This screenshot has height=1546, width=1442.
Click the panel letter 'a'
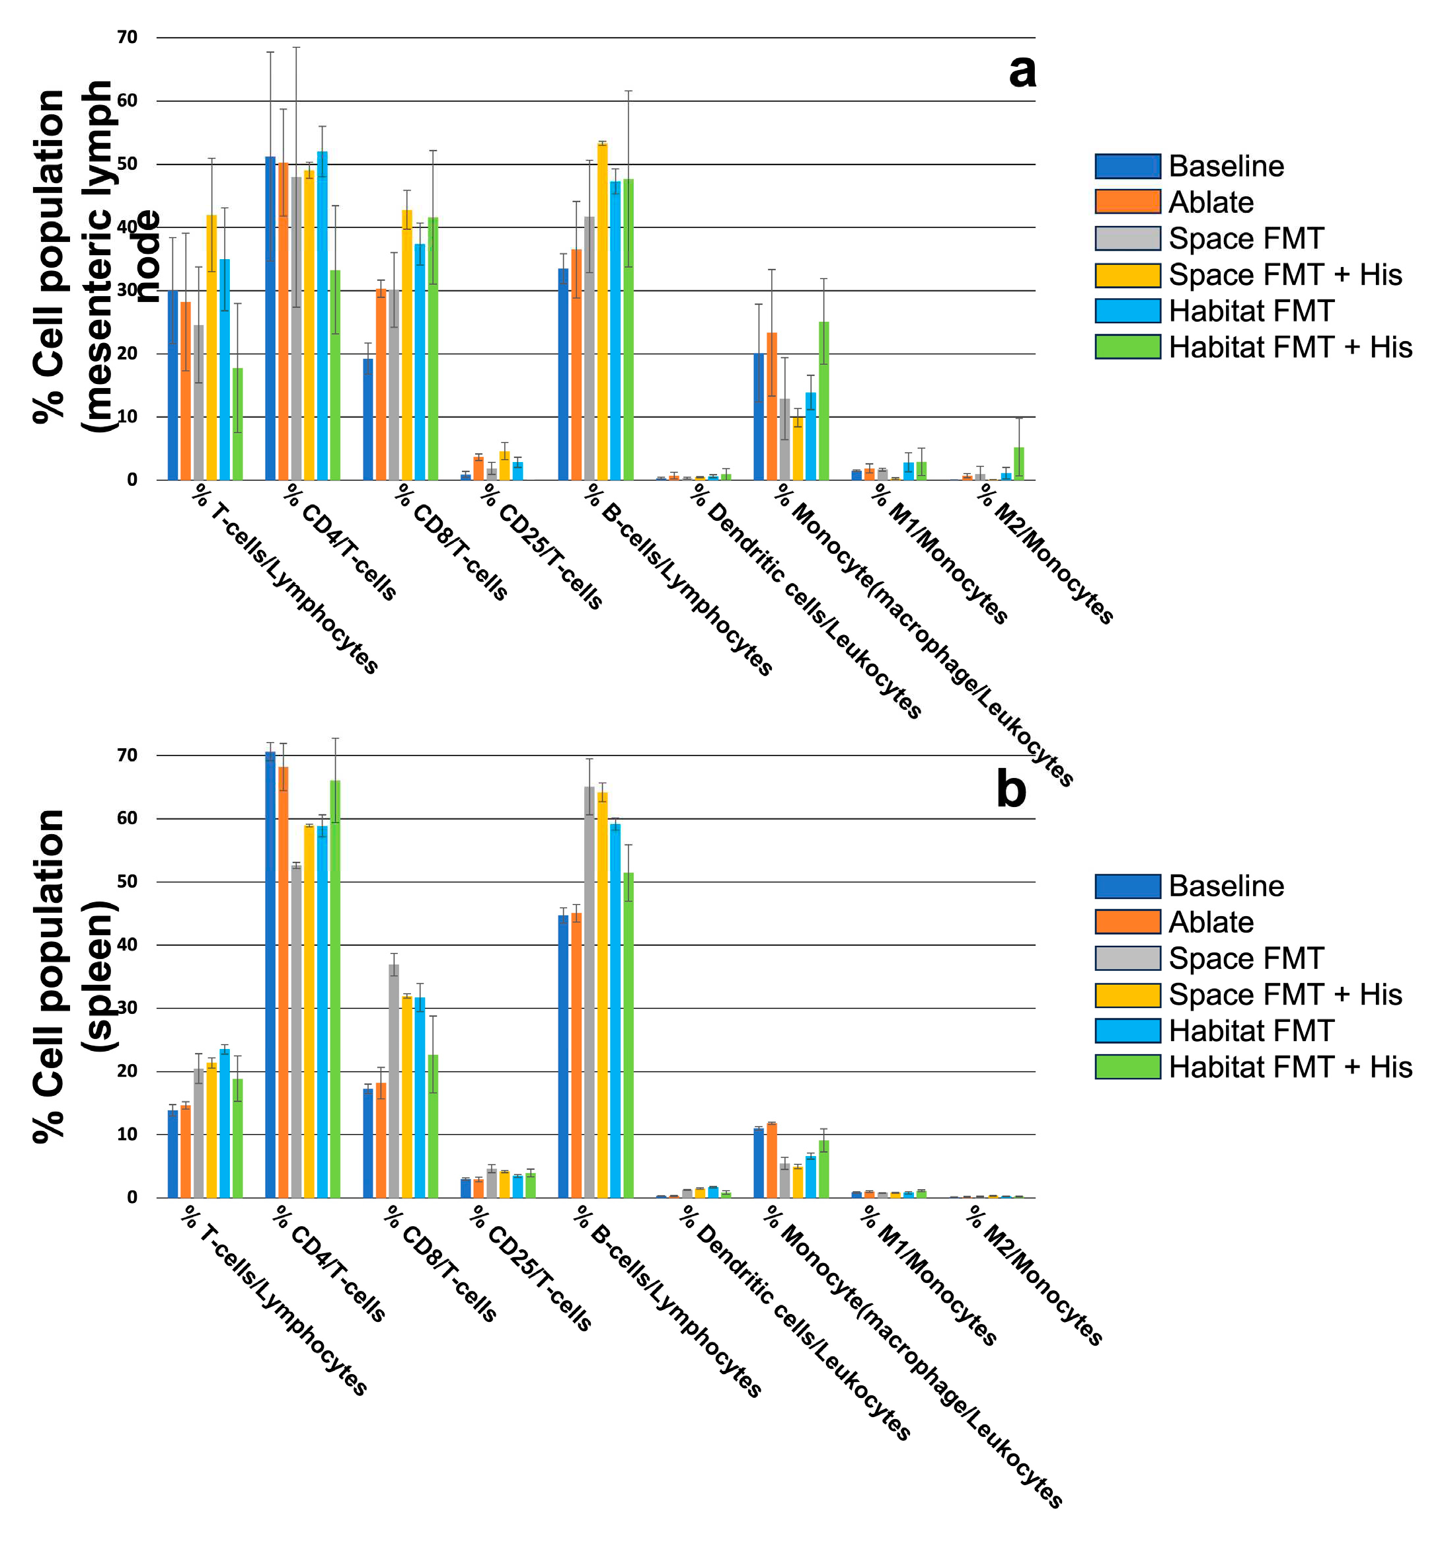[1022, 71]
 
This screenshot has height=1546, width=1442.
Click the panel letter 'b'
[1010, 790]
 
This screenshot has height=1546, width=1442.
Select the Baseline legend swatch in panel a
[1127, 167]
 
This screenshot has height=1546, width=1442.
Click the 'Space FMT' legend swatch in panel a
[1127, 239]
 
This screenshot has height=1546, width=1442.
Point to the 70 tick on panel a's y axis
[127, 37]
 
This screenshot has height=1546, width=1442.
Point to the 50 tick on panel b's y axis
[127, 881]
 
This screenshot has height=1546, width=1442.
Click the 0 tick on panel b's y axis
[132, 1198]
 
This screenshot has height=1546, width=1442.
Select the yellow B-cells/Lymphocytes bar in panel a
[603, 311]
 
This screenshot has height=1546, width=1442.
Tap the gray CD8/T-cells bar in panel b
[394, 1081]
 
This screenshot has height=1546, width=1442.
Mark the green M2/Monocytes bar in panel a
[1018, 464]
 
